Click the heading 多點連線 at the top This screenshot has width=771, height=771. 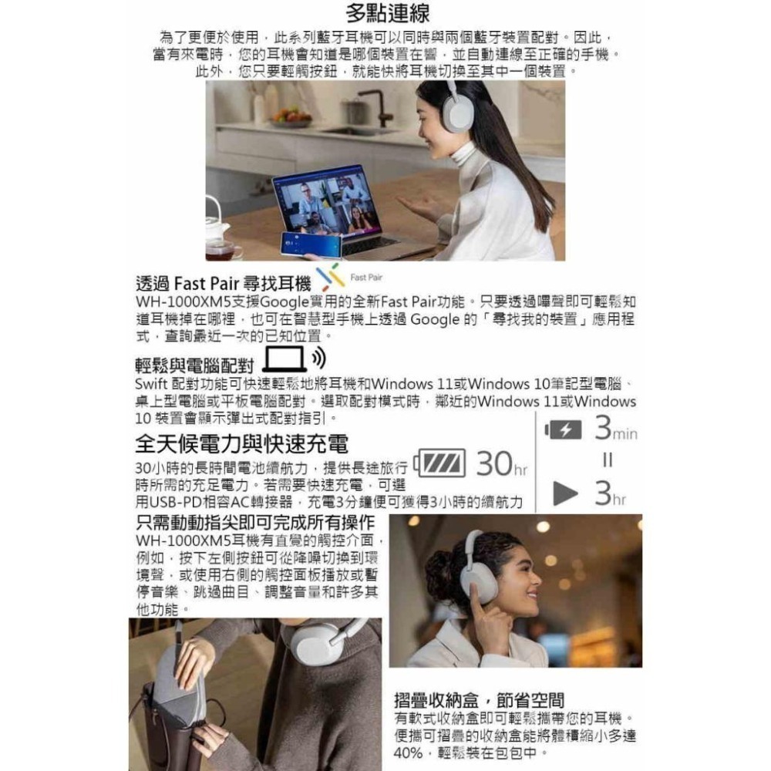click(x=388, y=14)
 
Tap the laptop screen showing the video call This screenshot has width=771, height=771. click(x=326, y=202)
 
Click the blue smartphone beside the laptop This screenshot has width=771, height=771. click(x=311, y=244)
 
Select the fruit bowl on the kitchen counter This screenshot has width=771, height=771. click(x=291, y=116)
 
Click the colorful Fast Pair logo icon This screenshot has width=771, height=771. click(x=330, y=276)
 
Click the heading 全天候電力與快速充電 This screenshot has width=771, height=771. click(x=241, y=443)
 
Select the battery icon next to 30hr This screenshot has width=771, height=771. click(x=442, y=463)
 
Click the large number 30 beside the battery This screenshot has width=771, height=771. click(x=494, y=463)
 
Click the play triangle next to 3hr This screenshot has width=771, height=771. click(x=564, y=494)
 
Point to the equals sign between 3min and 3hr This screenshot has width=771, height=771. click(x=608, y=460)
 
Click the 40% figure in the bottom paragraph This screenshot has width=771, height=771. click(x=412, y=752)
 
